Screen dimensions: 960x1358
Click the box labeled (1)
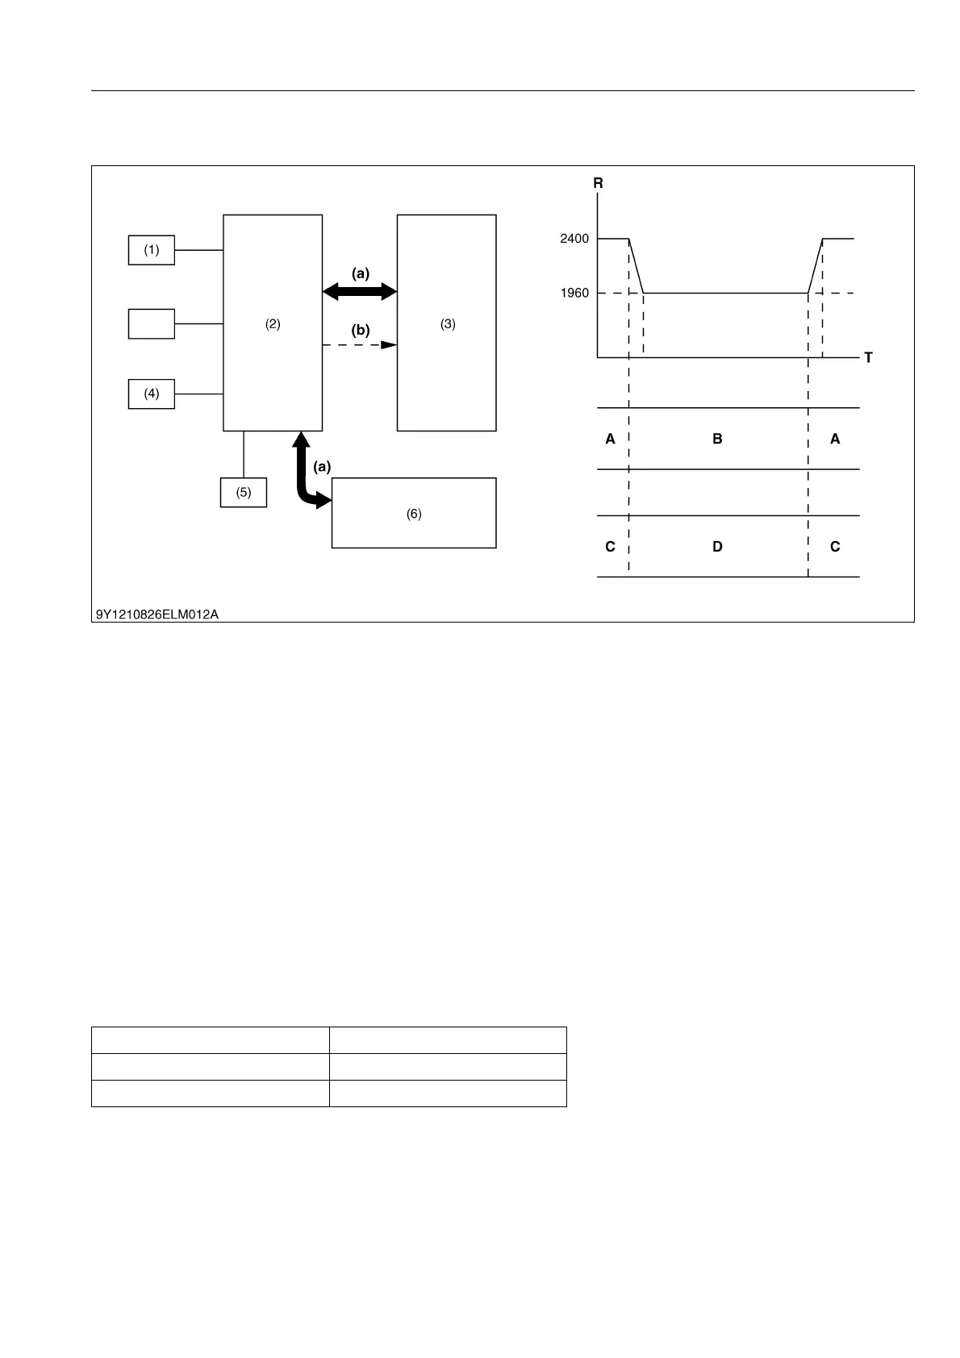152,250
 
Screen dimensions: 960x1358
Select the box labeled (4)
152,394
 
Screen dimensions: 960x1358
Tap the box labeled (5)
244,492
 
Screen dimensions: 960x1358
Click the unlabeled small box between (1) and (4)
152,323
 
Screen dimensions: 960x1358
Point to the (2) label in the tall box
273,324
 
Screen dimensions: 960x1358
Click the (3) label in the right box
448,324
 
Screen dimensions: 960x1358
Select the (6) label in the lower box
414,514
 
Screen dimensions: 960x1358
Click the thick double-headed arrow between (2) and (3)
360,291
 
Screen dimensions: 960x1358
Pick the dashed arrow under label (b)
360,345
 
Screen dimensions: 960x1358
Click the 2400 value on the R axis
574,239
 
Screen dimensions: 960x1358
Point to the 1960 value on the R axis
574,293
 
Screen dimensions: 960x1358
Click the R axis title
598,184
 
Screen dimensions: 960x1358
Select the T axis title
868,357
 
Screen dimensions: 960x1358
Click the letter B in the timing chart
717,439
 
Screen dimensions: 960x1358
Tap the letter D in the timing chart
717,547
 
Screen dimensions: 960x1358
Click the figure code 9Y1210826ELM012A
157,614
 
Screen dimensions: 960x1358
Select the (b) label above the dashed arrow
360,330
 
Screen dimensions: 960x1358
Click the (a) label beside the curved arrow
322,466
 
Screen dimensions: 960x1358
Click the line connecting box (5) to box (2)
244,454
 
